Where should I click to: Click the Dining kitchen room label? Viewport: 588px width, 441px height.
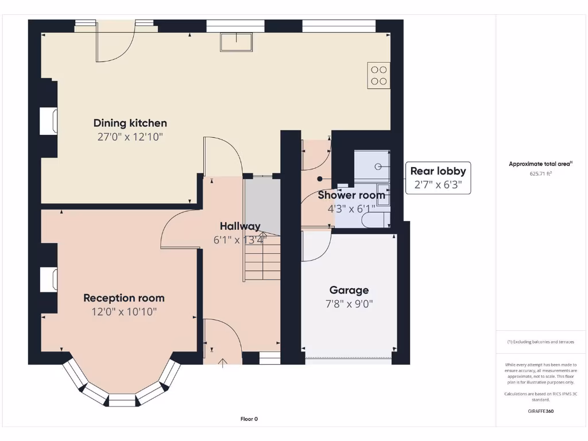(x=130, y=123)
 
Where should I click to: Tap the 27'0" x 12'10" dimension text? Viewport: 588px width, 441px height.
(x=130, y=137)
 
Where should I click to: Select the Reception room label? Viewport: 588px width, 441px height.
(x=124, y=298)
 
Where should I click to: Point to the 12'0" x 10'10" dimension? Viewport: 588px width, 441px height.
(x=124, y=312)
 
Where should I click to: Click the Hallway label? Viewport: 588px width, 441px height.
(x=239, y=226)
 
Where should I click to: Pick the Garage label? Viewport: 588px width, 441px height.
(x=349, y=290)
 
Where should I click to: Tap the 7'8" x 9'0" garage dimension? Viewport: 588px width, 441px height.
(x=349, y=304)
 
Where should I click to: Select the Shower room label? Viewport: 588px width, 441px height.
(x=351, y=195)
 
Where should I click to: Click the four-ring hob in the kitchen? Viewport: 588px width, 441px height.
(x=378, y=75)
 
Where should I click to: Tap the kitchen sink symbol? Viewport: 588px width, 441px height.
(x=236, y=42)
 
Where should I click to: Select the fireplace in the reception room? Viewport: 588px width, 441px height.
(x=49, y=279)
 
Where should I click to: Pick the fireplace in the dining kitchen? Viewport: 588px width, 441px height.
(x=49, y=121)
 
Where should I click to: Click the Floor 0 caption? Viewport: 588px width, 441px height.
(x=249, y=419)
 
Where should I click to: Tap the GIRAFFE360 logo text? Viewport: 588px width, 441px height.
(x=540, y=411)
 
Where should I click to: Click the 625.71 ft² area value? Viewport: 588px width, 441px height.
(x=540, y=173)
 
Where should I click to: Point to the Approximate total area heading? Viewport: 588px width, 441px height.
(x=540, y=164)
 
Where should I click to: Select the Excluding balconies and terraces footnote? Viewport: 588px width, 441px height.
(x=540, y=342)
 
